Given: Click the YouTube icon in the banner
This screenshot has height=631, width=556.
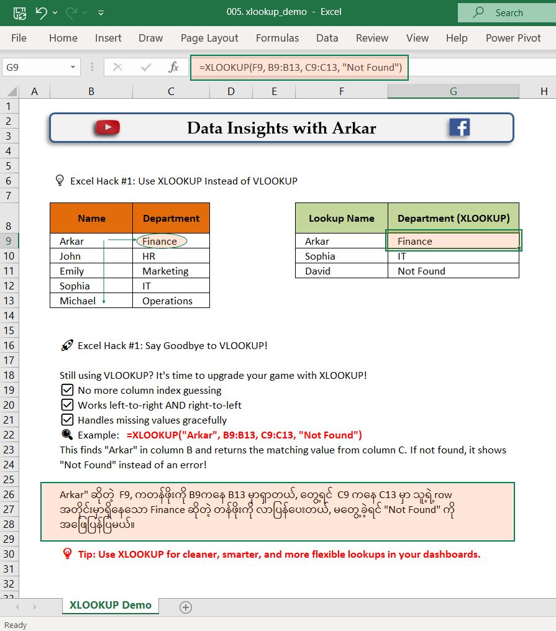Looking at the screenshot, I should pyautogui.click(x=107, y=127).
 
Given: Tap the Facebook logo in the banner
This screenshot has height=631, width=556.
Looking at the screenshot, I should pyautogui.click(x=459, y=127).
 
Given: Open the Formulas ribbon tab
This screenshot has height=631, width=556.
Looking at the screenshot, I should pyautogui.click(x=277, y=38).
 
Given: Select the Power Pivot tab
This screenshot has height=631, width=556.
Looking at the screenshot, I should pyautogui.click(x=513, y=38).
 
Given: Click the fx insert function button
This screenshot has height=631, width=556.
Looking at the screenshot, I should pyautogui.click(x=174, y=67).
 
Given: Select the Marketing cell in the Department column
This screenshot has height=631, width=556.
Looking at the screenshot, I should pyautogui.click(x=171, y=271).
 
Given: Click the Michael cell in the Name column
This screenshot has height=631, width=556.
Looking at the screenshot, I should pyautogui.click(x=91, y=301).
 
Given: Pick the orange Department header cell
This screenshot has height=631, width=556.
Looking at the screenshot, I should pyautogui.click(x=171, y=218).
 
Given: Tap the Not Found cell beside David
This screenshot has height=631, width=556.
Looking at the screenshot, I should pyautogui.click(x=453, y=271).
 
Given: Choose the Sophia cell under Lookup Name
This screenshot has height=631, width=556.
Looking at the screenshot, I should pyautogui.click(x=341, y=256).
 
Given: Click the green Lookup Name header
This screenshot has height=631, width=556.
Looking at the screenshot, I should pyautogui.click(x=341, y=218).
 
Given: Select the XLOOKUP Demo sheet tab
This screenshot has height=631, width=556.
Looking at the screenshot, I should pyautogui.click(x=110, y=605).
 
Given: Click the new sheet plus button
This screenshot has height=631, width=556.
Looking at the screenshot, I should pyautogui.click(x=185, y=607).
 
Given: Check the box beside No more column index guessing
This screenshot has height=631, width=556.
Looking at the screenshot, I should pyautogui.click(x=68, y=390).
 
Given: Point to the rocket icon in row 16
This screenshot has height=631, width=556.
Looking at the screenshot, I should pyautogui.click(x=67, y=345).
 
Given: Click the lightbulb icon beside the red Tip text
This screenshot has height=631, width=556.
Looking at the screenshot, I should pyautogui.click(x=68, y=553).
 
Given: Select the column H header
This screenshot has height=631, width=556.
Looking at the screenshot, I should pyautogui.click(x=544, y=91).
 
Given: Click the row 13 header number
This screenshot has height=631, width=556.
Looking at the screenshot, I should pyautogui.click(x=9, y=301).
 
